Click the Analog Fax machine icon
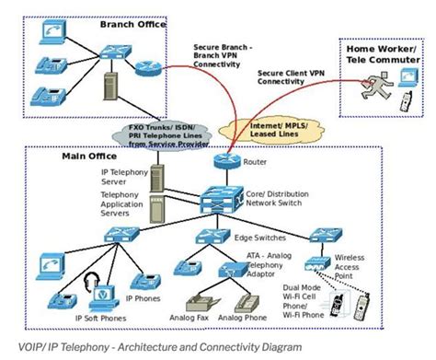coord(197,303)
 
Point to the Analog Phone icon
coord(247,303)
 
